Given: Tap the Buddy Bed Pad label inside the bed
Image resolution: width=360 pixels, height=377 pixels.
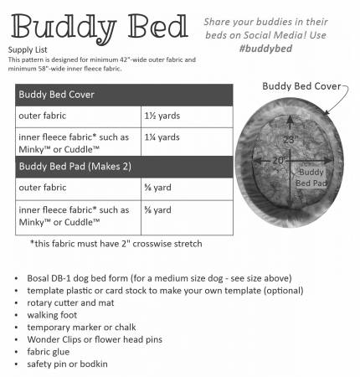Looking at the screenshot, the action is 312,175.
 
